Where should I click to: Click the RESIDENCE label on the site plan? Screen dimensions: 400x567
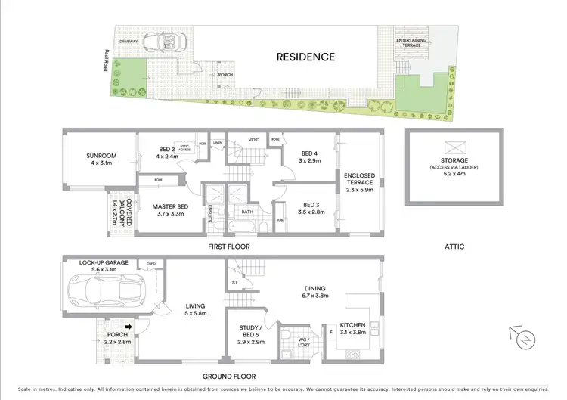tap(305, 57)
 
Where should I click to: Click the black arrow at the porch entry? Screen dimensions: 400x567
tap(129, 327)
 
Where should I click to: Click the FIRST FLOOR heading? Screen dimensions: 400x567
tap(228, 247)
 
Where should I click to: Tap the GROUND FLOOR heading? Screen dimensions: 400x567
tap(230, 376)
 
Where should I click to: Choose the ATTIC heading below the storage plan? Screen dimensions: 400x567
tap(455, 247)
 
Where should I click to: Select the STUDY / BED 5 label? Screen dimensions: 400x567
tap(253, 332)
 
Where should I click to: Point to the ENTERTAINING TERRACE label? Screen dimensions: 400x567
tap(411, 42)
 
